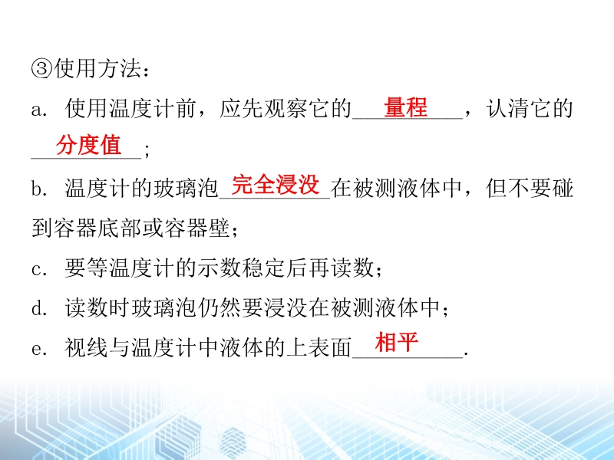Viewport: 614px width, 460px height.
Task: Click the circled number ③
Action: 42,69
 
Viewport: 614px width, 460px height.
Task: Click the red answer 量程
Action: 406,107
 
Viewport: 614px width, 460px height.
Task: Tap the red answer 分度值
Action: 88,145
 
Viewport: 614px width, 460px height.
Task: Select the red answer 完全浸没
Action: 276,185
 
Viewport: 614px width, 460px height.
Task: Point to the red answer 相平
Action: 397,342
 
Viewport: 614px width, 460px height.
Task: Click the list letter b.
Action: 39,189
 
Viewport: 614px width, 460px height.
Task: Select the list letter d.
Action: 39,309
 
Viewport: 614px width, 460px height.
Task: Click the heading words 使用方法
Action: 97,69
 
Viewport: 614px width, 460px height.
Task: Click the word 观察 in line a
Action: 286,108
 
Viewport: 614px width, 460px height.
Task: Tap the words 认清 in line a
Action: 508,108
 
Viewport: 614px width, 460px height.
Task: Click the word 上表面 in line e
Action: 319,348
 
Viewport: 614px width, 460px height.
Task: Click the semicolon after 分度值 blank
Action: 147,149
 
